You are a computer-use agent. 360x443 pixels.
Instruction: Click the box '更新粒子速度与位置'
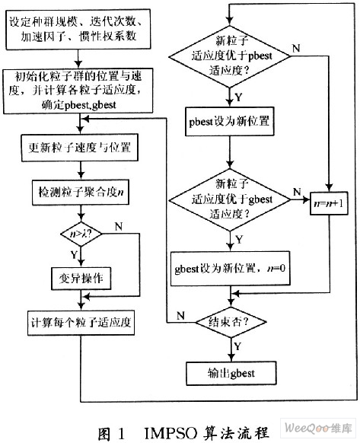pos(80,148)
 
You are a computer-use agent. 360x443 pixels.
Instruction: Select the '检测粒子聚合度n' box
pos(81,193)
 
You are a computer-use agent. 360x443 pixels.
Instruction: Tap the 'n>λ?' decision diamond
pos(81,234)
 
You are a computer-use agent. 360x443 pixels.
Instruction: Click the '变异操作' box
pos(81,279)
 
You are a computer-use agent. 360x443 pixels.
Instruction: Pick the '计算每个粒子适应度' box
pos(81,323)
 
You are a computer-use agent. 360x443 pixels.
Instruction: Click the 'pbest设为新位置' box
pos(229,122)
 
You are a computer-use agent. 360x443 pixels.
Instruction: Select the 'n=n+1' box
pos(329,203)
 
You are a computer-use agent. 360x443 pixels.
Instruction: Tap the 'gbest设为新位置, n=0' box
pos(231,269)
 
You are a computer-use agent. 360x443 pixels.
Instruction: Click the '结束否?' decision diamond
pos(231,322)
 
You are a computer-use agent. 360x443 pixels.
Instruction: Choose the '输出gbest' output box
pos(231,374)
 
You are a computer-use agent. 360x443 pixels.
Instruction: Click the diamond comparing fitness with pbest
pos(229,56)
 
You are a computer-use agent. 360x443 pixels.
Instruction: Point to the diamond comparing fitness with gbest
pos(230,199)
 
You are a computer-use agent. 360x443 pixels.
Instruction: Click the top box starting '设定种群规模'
pos(78,30)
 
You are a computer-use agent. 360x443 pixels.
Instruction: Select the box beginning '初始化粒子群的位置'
pos(78,91)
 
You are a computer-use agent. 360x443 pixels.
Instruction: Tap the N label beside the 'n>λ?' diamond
pos(119,226)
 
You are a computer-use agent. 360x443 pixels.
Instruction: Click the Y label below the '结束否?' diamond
pos(237,346)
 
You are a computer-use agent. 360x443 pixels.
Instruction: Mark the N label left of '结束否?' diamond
pos(181,316)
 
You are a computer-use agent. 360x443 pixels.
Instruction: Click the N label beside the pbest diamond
pos(296,48)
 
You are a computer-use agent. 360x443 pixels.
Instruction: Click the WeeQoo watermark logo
pos(318,429)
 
